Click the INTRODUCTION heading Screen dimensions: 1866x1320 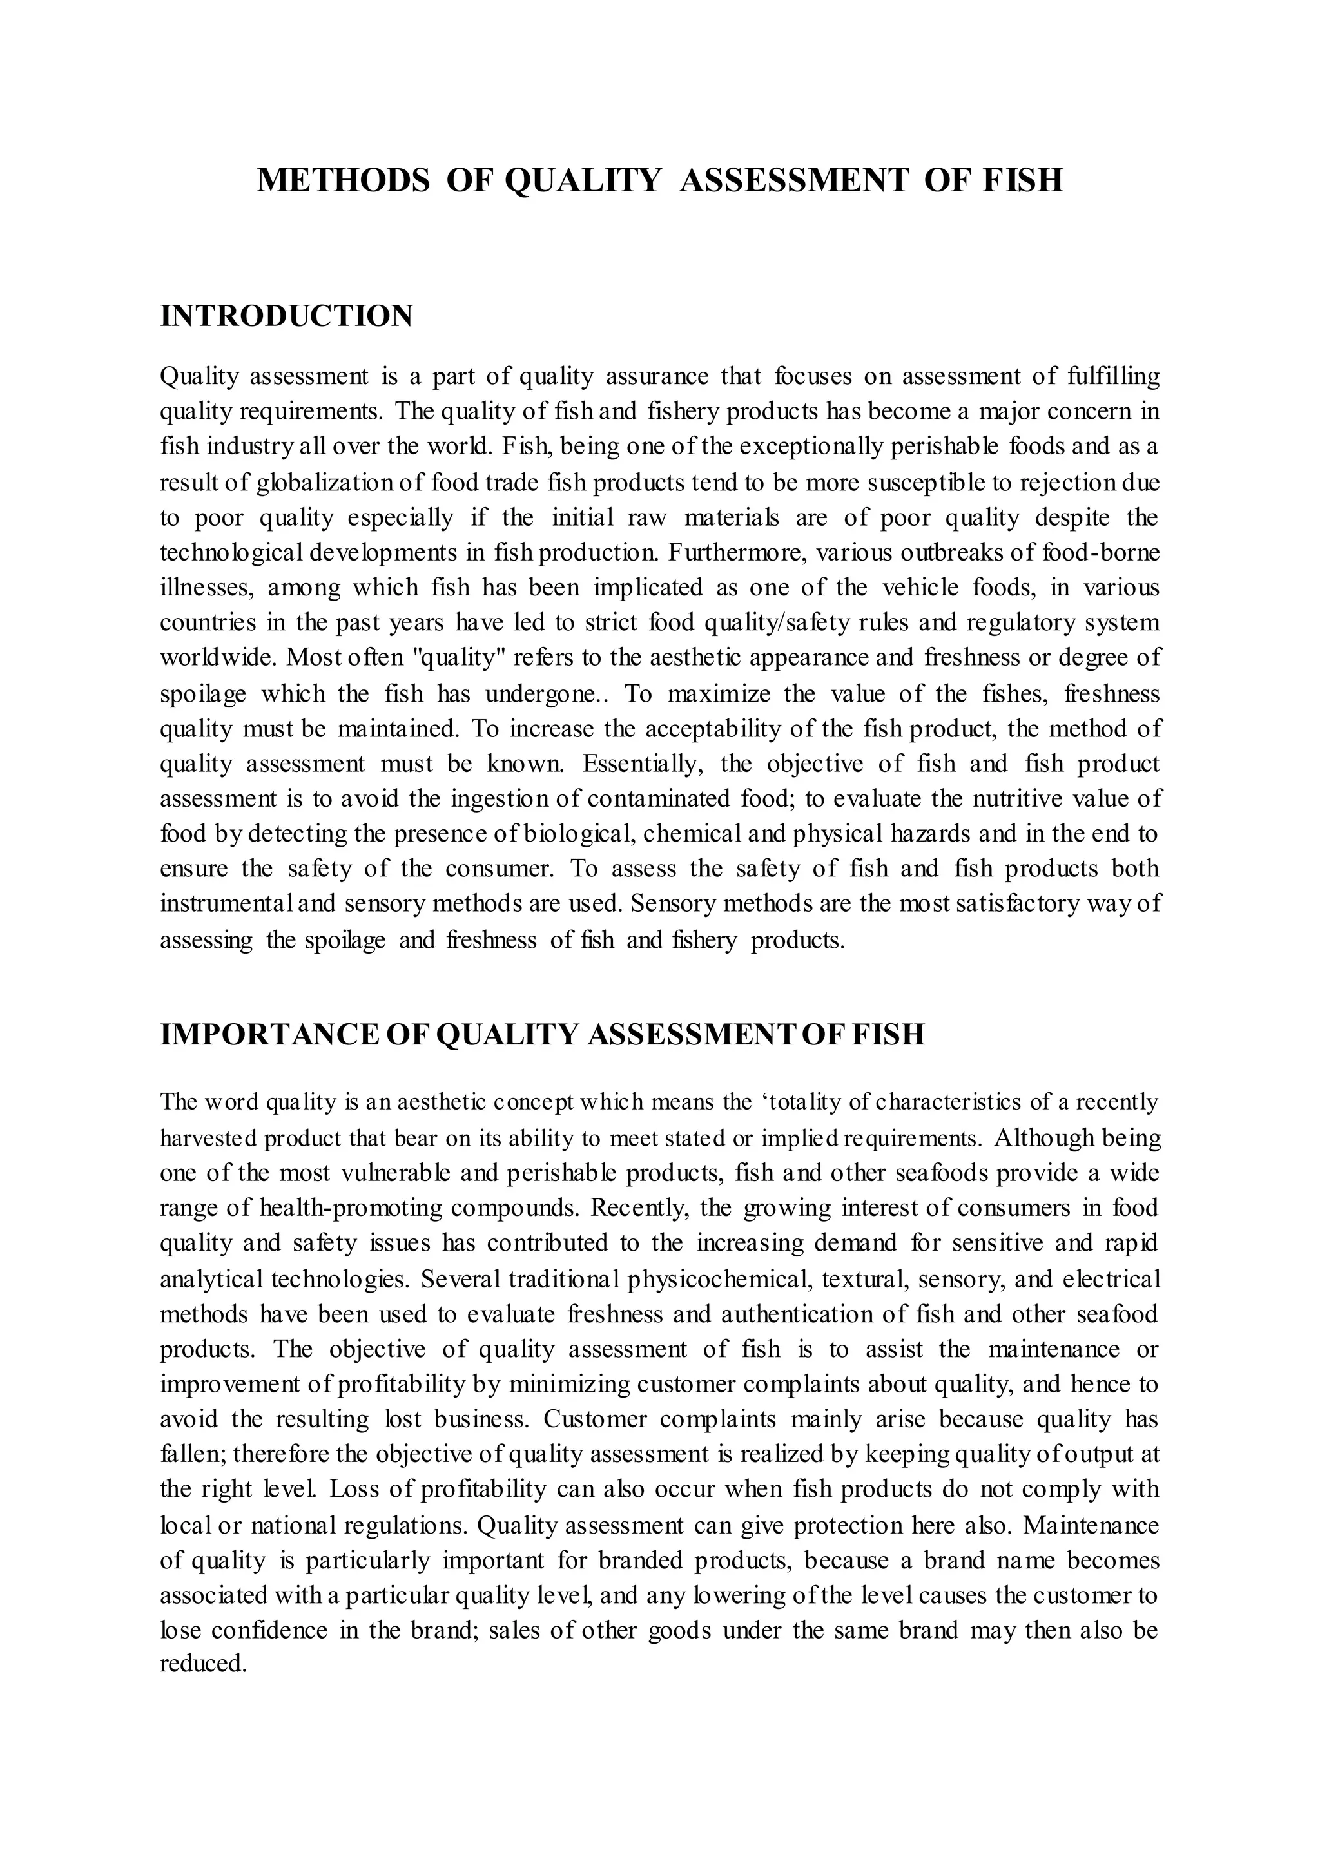286,316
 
